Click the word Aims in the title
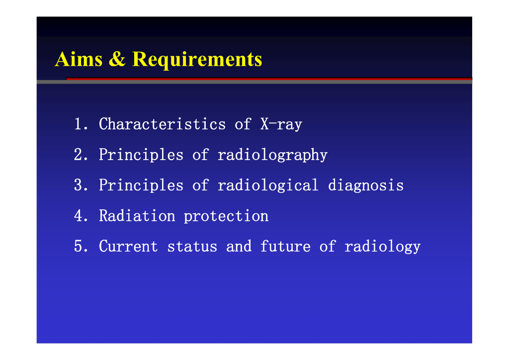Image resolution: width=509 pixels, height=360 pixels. [x=79, y=59]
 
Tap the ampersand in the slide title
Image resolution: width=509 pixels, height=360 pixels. [x=117, y=59]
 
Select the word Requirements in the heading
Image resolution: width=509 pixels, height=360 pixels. [x=197, y=61]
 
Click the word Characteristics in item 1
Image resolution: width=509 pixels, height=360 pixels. [x=162, y=124]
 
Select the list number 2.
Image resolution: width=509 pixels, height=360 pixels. [x=81, y=155]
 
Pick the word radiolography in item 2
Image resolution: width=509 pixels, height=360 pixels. [x=272, y=155]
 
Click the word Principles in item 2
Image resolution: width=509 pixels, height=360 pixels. [x=141, y=155]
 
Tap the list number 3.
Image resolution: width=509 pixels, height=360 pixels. [x=81, y=185]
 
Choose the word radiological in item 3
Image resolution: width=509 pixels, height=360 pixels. [x=268, y=185]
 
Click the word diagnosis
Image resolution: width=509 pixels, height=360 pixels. [x=366, y=185]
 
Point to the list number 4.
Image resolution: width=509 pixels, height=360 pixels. [x=81, y=216]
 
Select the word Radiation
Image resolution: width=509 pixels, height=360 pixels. [x=137, y=216]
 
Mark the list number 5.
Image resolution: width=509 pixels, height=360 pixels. [x=81, y=247]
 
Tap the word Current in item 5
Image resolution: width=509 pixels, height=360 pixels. [x=128, y=247]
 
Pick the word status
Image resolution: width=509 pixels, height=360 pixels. [x=192, y=247]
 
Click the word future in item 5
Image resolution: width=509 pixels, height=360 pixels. [x=285, y=247]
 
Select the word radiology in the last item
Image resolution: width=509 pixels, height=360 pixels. [x=382, y=247]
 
